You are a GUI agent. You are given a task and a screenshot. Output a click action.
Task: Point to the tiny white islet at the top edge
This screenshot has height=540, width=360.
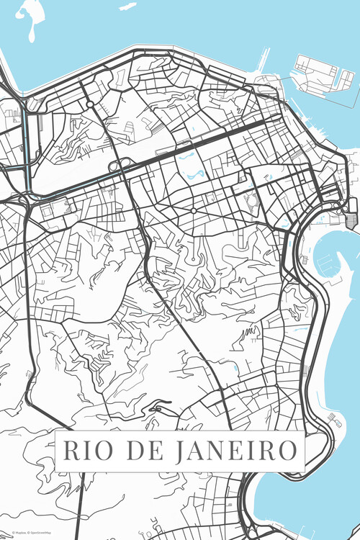point(127,6)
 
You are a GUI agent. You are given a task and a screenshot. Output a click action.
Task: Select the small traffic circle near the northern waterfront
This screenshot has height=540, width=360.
point(90,104)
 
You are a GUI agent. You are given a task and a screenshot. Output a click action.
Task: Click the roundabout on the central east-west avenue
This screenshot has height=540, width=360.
point(194,210)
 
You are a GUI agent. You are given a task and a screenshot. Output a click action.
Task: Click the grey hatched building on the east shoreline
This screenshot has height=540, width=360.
point(352,220)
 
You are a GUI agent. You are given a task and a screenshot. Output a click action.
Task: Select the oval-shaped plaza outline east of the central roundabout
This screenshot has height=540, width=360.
point(251,202)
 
